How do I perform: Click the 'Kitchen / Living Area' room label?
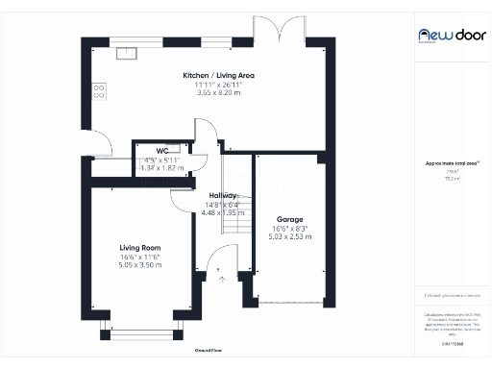pos(219,75)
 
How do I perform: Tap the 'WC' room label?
pos(162,151)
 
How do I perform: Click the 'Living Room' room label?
pos(139,248)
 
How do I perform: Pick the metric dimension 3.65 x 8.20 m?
pos(219,92)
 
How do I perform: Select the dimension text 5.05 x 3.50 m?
pos(139,264)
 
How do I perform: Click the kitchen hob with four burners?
pos(98,91)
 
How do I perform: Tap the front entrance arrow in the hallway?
pos(222,279)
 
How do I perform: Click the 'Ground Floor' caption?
pos(209,351)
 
